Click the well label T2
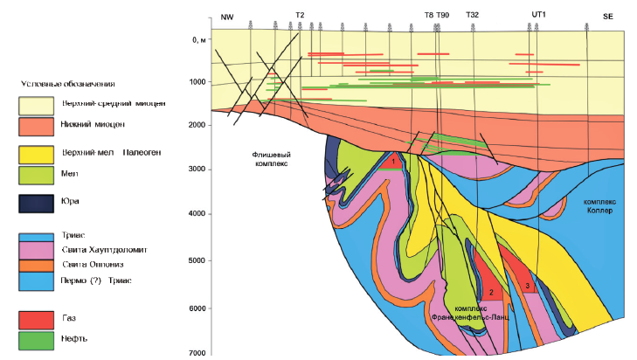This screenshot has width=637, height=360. (x=300, y=16)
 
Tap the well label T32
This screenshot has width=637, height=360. (x=473, y=16)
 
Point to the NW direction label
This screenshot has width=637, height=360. (x=228, y=16)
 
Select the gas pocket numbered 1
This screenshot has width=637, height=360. (x=394, y=161)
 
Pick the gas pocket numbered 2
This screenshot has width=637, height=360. (x=491, y=293)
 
